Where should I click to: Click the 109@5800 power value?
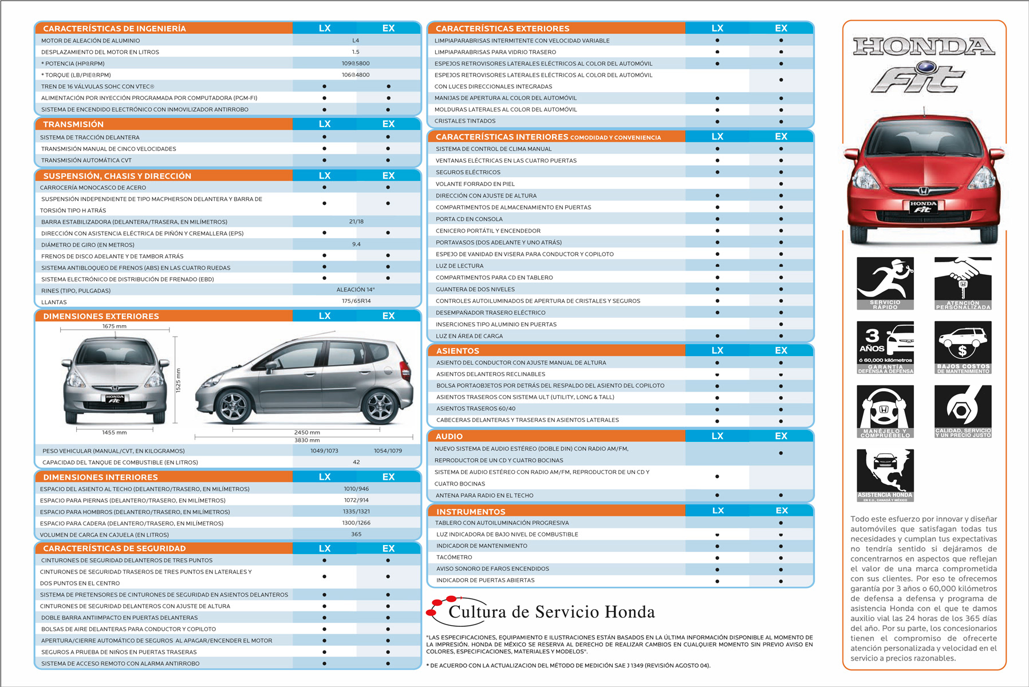click(356, 64)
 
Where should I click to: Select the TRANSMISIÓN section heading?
click(73, 124)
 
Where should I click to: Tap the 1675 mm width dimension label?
click(115, 326)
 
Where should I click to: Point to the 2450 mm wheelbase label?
click(307, 432)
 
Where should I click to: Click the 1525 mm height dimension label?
click(178, 380)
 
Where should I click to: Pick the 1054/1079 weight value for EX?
click(388, 451)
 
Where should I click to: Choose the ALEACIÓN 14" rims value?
click(356, 290)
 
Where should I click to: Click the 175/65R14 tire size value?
click(356, 301)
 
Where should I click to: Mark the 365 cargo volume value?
click(356, 534)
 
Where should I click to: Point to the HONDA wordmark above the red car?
click(924, 47)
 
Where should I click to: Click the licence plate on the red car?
click(923, 207)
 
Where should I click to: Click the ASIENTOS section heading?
click(458, 351)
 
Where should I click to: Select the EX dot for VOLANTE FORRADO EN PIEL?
click(781, 184)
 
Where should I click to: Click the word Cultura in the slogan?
click(476, 612)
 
